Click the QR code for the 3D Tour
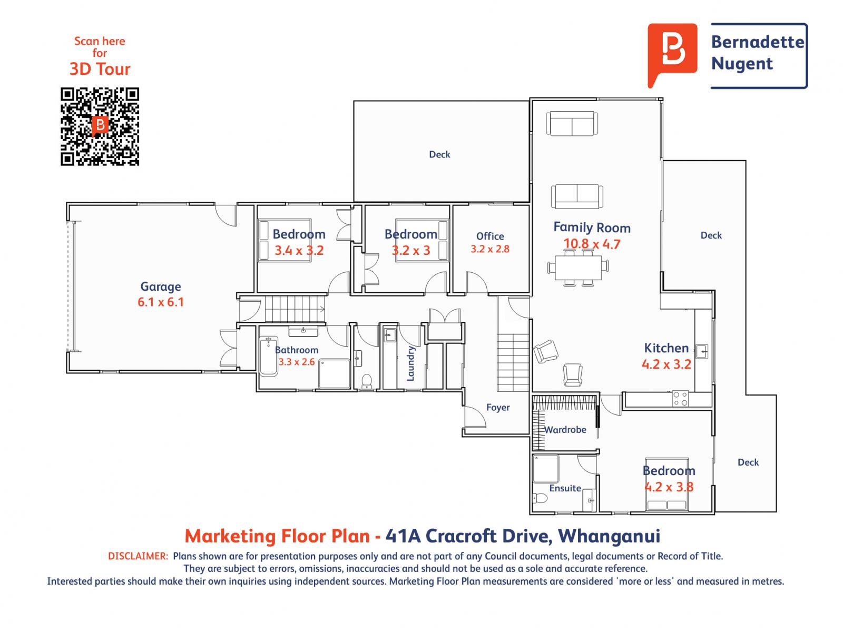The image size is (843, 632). [100, 126]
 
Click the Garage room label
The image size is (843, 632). [160, 287]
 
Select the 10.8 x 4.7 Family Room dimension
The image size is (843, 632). [592, 244]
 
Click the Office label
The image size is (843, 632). [490, 236]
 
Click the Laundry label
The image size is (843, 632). [411, 363]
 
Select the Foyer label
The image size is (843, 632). [498, 407]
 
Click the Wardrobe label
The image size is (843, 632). [565, 430]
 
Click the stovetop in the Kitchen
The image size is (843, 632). [680, 398]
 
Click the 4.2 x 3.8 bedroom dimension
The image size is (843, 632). [669, 487]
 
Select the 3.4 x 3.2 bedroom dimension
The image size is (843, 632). [299, 251]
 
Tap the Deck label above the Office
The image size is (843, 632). [439, 154]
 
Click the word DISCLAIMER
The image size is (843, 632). [138, 556]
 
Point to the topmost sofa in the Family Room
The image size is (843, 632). [572, 124]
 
